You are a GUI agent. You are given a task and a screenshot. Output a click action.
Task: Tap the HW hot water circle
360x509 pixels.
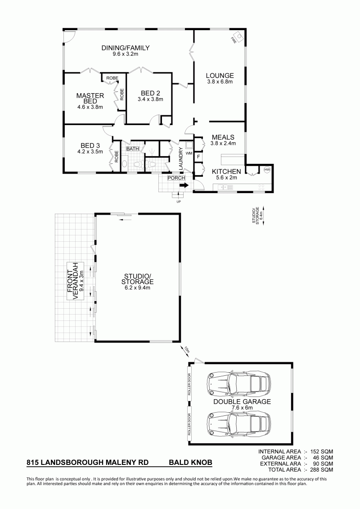point(267,170)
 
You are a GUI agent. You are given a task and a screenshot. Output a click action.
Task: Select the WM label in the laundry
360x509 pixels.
point(189,153)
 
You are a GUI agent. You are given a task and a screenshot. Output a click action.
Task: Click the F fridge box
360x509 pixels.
point(198,157)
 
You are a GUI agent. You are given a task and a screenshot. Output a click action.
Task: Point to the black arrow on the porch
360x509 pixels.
point(184,185)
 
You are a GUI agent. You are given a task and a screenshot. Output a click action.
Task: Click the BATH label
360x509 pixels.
point(132,149)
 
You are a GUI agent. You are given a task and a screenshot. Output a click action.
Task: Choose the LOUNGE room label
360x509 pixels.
point(220,76)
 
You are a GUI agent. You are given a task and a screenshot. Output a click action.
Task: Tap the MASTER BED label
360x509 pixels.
point(90,99)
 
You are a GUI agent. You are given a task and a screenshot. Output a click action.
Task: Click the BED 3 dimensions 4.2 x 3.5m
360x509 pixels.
point(90,151)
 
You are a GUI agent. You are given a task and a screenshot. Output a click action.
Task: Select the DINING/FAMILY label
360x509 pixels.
point(125,48)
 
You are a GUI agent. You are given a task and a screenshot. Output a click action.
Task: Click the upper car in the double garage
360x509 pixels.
point(238,384)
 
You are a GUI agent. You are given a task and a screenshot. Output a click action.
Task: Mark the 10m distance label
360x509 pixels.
point(186,351)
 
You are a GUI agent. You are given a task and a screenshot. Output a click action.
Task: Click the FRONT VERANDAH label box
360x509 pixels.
point(76,281)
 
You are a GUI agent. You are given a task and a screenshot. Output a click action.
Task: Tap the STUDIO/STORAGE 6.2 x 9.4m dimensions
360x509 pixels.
point(137,288)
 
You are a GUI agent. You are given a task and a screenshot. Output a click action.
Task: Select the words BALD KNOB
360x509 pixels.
point(190,462)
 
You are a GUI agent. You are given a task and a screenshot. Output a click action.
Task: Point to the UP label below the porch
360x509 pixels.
point(178,202)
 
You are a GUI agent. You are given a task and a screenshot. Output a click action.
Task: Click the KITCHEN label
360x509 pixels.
point(226,171)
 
